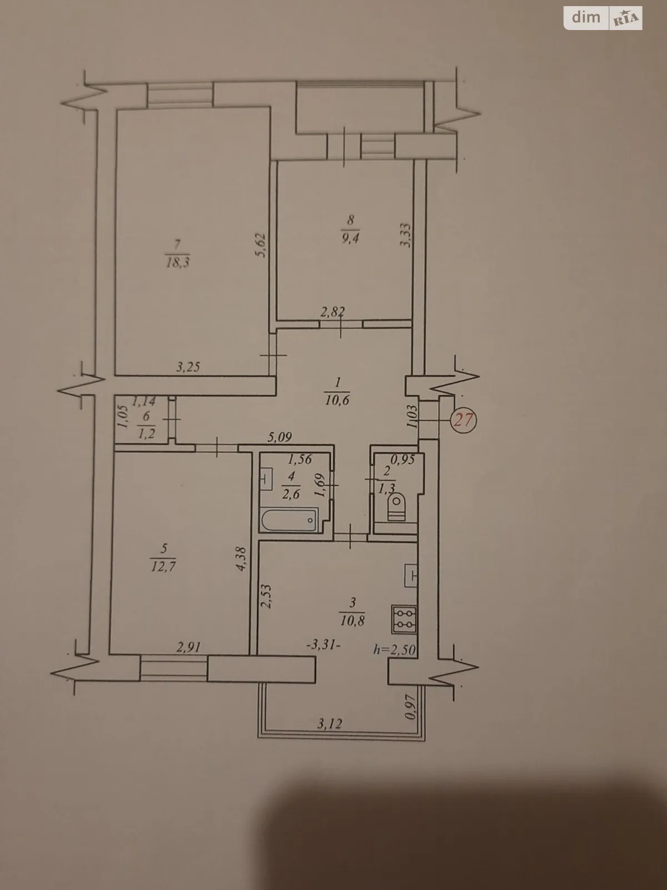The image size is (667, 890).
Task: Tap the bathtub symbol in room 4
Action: [x=289, y=520]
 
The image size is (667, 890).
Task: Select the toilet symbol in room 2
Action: [x=397, y=507]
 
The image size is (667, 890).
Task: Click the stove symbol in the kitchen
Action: [x=404, y=619]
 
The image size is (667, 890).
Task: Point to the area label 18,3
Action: [x=178, y=263]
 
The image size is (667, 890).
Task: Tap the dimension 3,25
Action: [x=188, y=367]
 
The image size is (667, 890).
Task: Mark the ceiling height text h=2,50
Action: [x=395, y=649]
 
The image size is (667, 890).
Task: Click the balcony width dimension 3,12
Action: [x=330, y=724]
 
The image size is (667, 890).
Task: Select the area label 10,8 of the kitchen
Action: [x=352, y=621]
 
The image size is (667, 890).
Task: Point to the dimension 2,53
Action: [x=266, y=597]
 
